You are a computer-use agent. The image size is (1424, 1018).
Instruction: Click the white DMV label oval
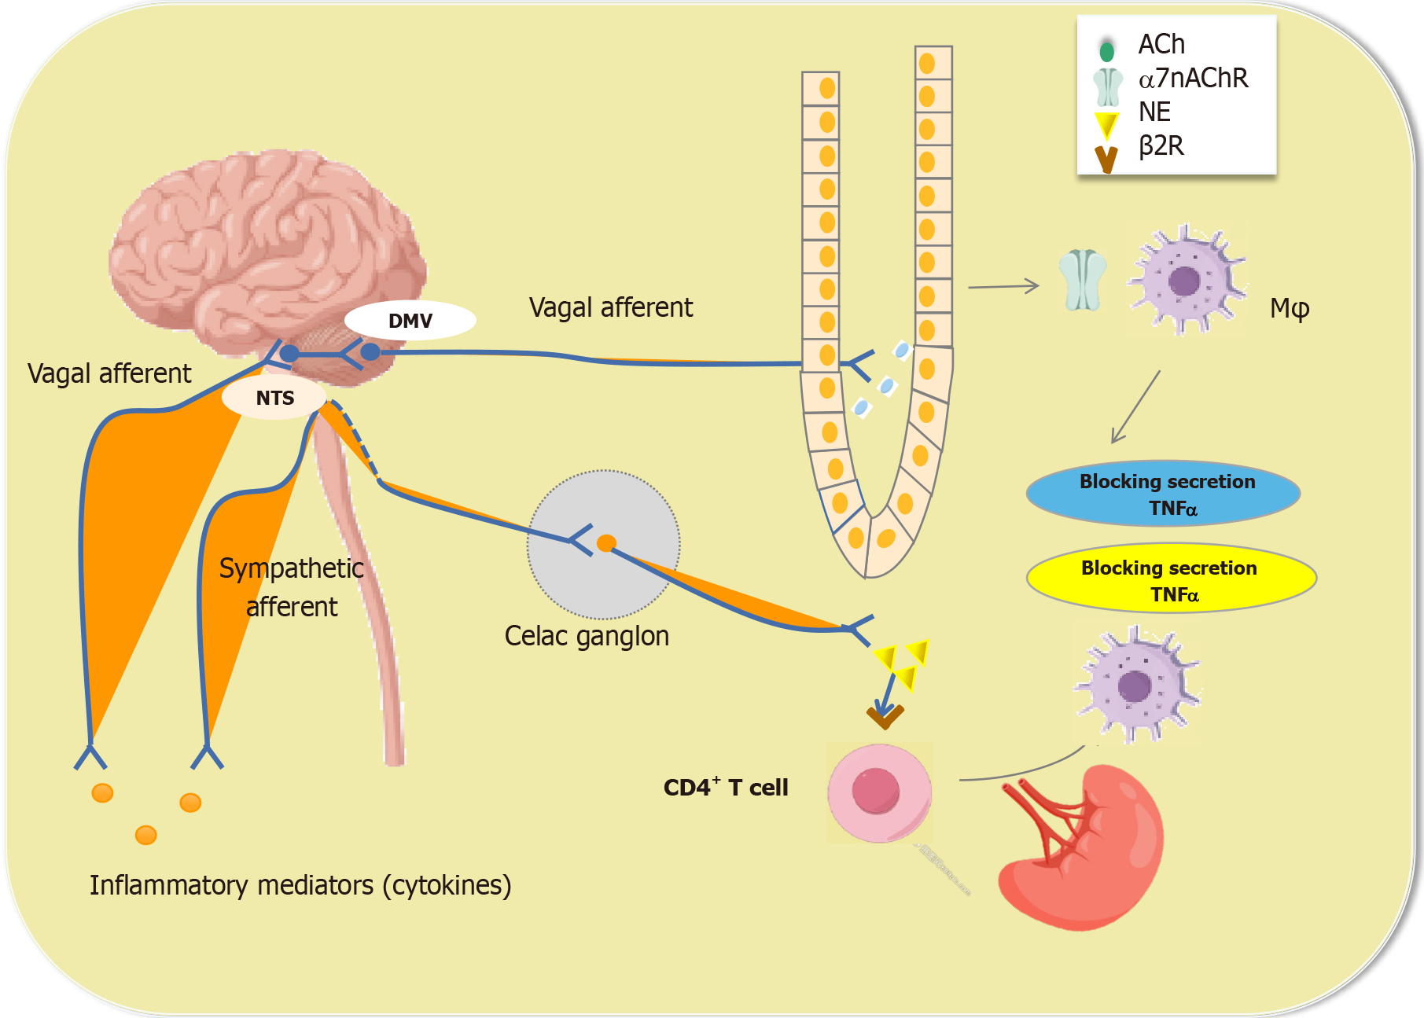(x=410, y=321)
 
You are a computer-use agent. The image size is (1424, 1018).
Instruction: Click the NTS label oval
(x=274, y=398)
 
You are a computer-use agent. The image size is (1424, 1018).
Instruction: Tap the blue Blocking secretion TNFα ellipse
(x=1163, y=494)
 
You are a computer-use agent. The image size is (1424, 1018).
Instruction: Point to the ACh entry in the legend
(x=1161, y=45)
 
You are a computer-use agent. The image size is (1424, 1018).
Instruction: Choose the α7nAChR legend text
(x=1192, y=79)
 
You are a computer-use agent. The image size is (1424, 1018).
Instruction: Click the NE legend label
(x=1154, y=112)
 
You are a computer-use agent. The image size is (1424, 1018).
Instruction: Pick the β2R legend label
(x=1161, y=146)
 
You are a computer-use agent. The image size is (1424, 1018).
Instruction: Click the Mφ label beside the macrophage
(x=1289, y=308)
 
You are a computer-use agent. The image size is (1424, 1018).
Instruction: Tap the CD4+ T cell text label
(x=725, y=788)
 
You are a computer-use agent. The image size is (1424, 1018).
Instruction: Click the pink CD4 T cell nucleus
(x=875, y=790)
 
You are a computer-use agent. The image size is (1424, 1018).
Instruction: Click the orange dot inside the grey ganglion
(x=606, y=543)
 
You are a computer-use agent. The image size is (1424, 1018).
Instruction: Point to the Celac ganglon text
(x=587, y=636)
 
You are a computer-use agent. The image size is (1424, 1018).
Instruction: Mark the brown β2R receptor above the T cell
(x=885, y=716)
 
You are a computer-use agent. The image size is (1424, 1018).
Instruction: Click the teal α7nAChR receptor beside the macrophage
(x=1082, y=281)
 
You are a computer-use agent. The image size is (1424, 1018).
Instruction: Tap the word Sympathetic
(x=291, y=568)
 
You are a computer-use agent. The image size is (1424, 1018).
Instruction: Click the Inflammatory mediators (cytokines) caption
(x=300, y=885)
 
